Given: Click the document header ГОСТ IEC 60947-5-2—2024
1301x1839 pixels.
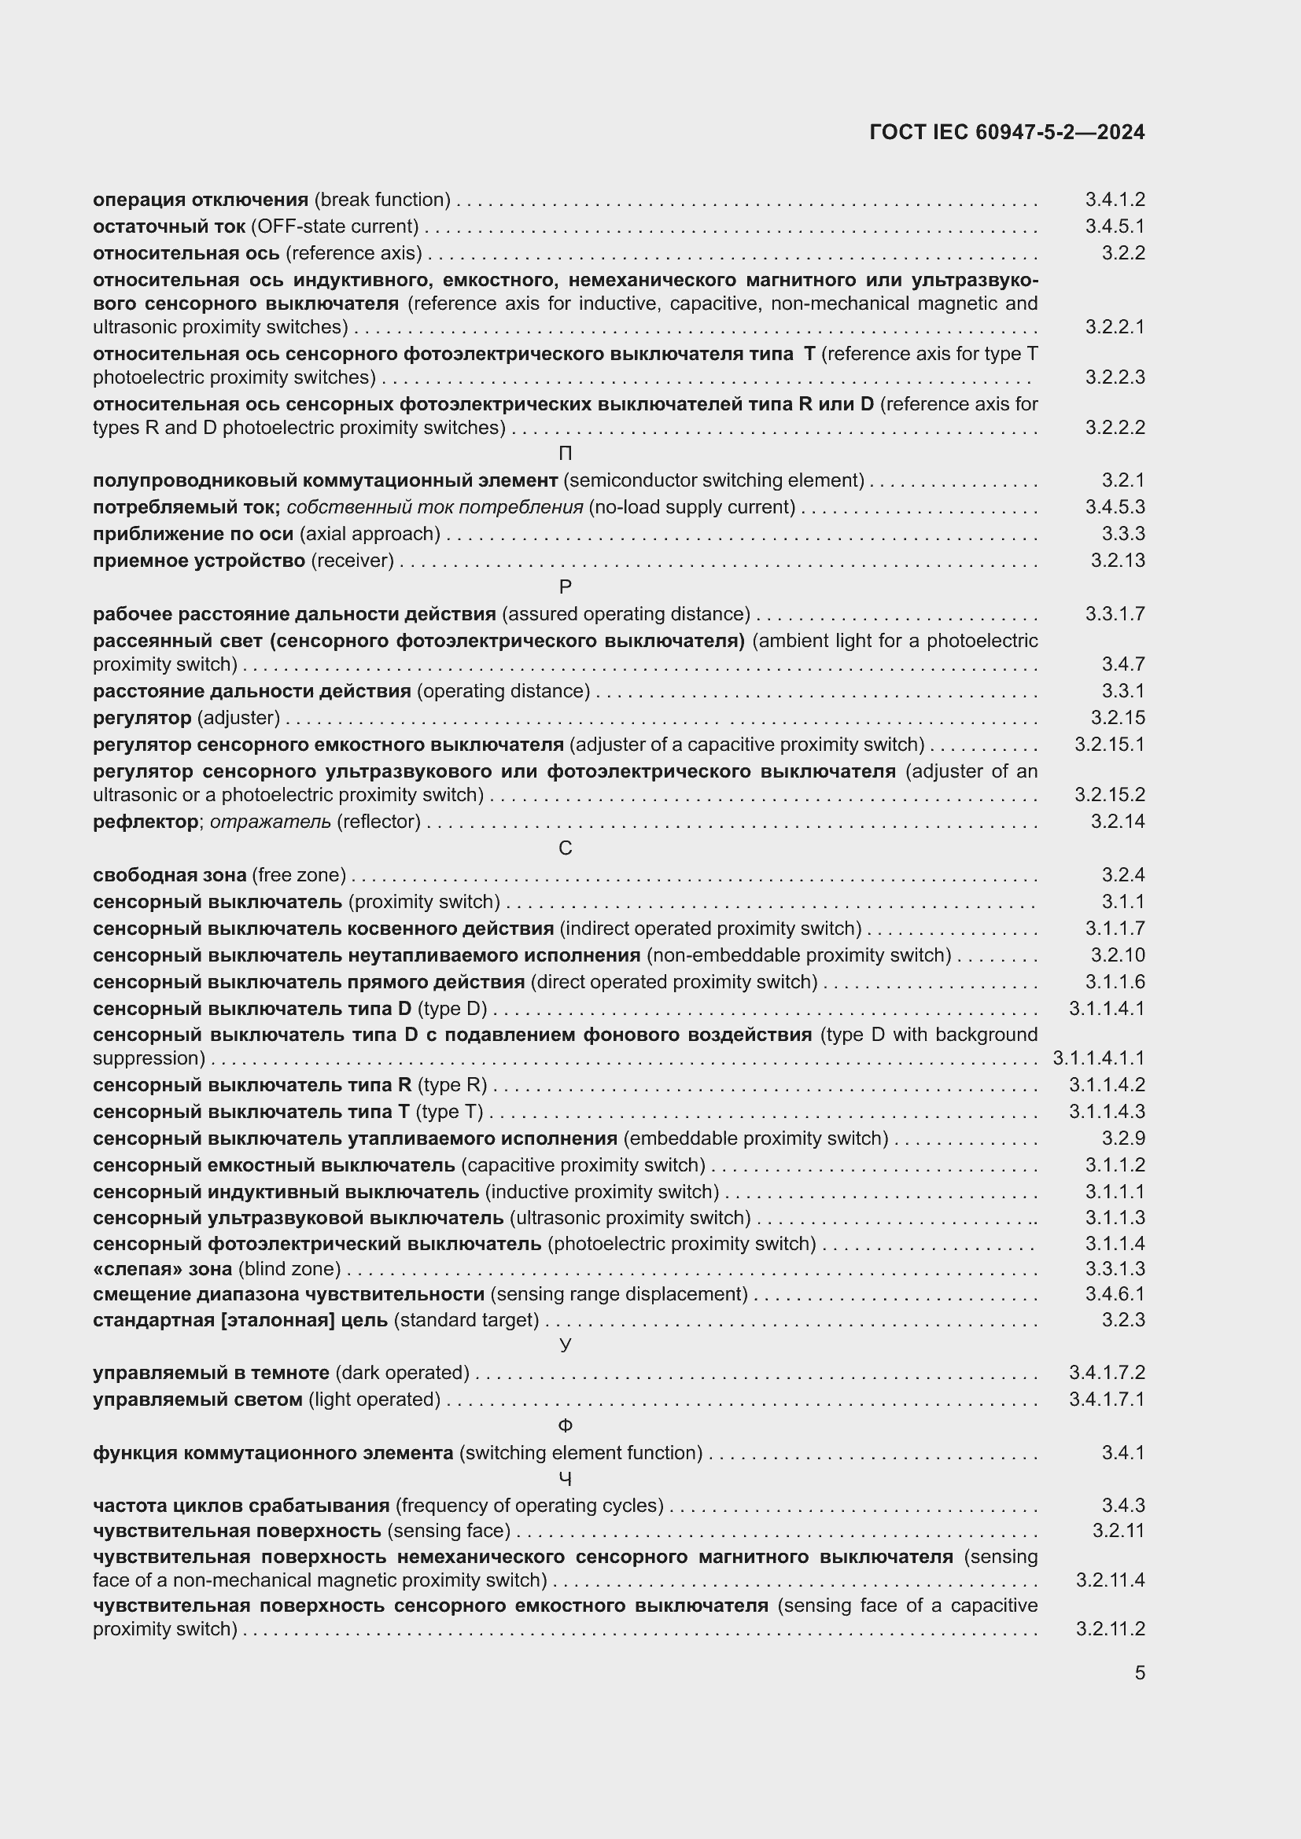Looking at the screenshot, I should click(1006, 132).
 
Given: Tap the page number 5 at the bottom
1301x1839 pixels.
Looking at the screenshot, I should click(1139, 1672).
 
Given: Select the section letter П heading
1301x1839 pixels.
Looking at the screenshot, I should click(565, 454).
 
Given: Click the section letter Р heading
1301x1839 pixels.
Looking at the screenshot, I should click(565, 587).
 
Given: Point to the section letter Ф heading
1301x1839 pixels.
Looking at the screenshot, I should click(565, 1425).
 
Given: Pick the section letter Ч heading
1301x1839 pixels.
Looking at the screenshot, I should click(565, 1479).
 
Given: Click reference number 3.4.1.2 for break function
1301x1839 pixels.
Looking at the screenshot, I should click(1115, 200).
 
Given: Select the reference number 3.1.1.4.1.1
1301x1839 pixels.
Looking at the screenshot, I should click(1098, 1058).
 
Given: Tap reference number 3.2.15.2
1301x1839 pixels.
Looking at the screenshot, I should click(1109, 795).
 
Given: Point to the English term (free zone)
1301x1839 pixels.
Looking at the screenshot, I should click(299, 874).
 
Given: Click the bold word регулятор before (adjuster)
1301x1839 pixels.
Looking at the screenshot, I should click(142, 718).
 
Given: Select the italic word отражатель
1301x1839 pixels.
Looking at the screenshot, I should click(270, 822).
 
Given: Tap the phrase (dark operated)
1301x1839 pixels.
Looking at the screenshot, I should click(402, 1373).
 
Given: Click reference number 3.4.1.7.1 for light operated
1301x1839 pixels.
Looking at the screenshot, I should click(1107, 1399).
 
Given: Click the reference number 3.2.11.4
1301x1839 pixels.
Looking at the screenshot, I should click(1110, 1580).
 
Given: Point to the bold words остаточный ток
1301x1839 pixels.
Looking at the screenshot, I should click(169, 226).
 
